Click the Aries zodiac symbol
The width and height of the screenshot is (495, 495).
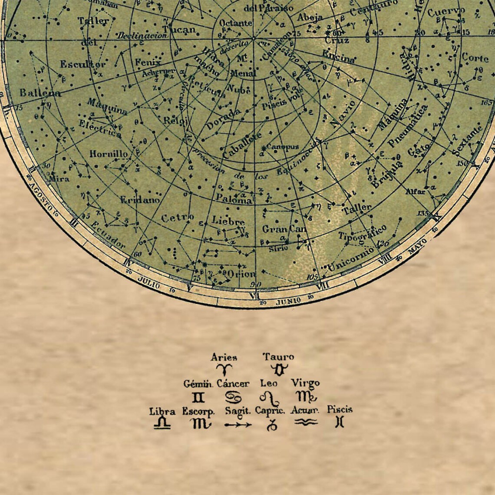(224, 370)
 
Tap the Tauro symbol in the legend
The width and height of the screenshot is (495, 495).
(278, 370)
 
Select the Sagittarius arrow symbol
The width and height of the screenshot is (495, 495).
(238, 425)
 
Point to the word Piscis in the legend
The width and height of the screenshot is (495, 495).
(340, 409)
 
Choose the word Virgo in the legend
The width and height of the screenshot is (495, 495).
(305, 383)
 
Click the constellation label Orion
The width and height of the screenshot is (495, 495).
(241, 274)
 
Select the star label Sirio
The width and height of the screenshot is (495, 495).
(278, 248)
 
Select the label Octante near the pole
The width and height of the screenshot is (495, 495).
(235, 23)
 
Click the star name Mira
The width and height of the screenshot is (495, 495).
(59, 178)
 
